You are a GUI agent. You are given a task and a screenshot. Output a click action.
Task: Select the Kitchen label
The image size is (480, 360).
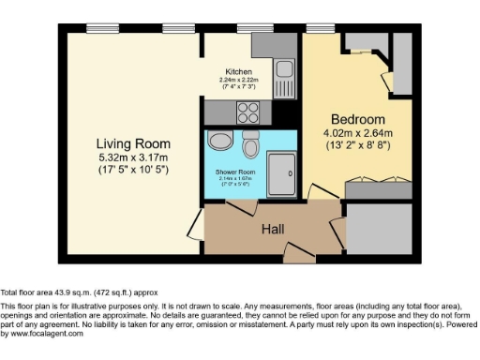point(238,72)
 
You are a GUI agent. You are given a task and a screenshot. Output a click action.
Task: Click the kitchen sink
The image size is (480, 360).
point(285,71)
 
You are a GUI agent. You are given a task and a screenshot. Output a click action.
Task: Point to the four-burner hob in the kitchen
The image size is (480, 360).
point(248,112)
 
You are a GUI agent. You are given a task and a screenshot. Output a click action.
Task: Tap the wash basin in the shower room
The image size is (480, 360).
point(221,142)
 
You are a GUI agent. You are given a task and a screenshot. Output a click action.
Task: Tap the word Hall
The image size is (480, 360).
point(273,229)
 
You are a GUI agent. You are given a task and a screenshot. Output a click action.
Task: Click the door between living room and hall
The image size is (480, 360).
point(194,225)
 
